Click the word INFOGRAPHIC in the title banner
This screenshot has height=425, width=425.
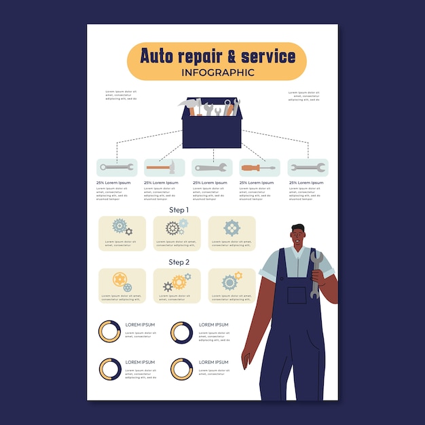coord(218,72)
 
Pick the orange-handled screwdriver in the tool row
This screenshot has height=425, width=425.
coord(259,168)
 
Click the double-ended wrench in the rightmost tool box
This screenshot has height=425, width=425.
coord(308,168)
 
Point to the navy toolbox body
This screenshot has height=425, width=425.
coord(212,133)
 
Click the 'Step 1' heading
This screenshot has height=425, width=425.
coord(179,210)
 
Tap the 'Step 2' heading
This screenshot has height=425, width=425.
coord(179,261)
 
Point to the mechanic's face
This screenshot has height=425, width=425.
coord(298,238)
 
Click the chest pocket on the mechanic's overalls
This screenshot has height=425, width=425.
coord(297,295)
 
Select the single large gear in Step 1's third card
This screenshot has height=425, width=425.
coord(232,228)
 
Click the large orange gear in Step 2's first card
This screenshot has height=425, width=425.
coord(119,279)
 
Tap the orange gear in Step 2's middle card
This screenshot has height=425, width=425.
coord(179,282)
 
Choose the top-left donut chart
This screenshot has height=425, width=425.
coord(109,331)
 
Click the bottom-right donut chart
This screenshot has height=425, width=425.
coord(181,369)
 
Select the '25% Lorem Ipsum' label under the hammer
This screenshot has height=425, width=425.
coord(161,183)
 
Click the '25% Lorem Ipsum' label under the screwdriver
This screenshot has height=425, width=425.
coord(256,183)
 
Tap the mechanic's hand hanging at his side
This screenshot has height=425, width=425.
coord(246,358)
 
